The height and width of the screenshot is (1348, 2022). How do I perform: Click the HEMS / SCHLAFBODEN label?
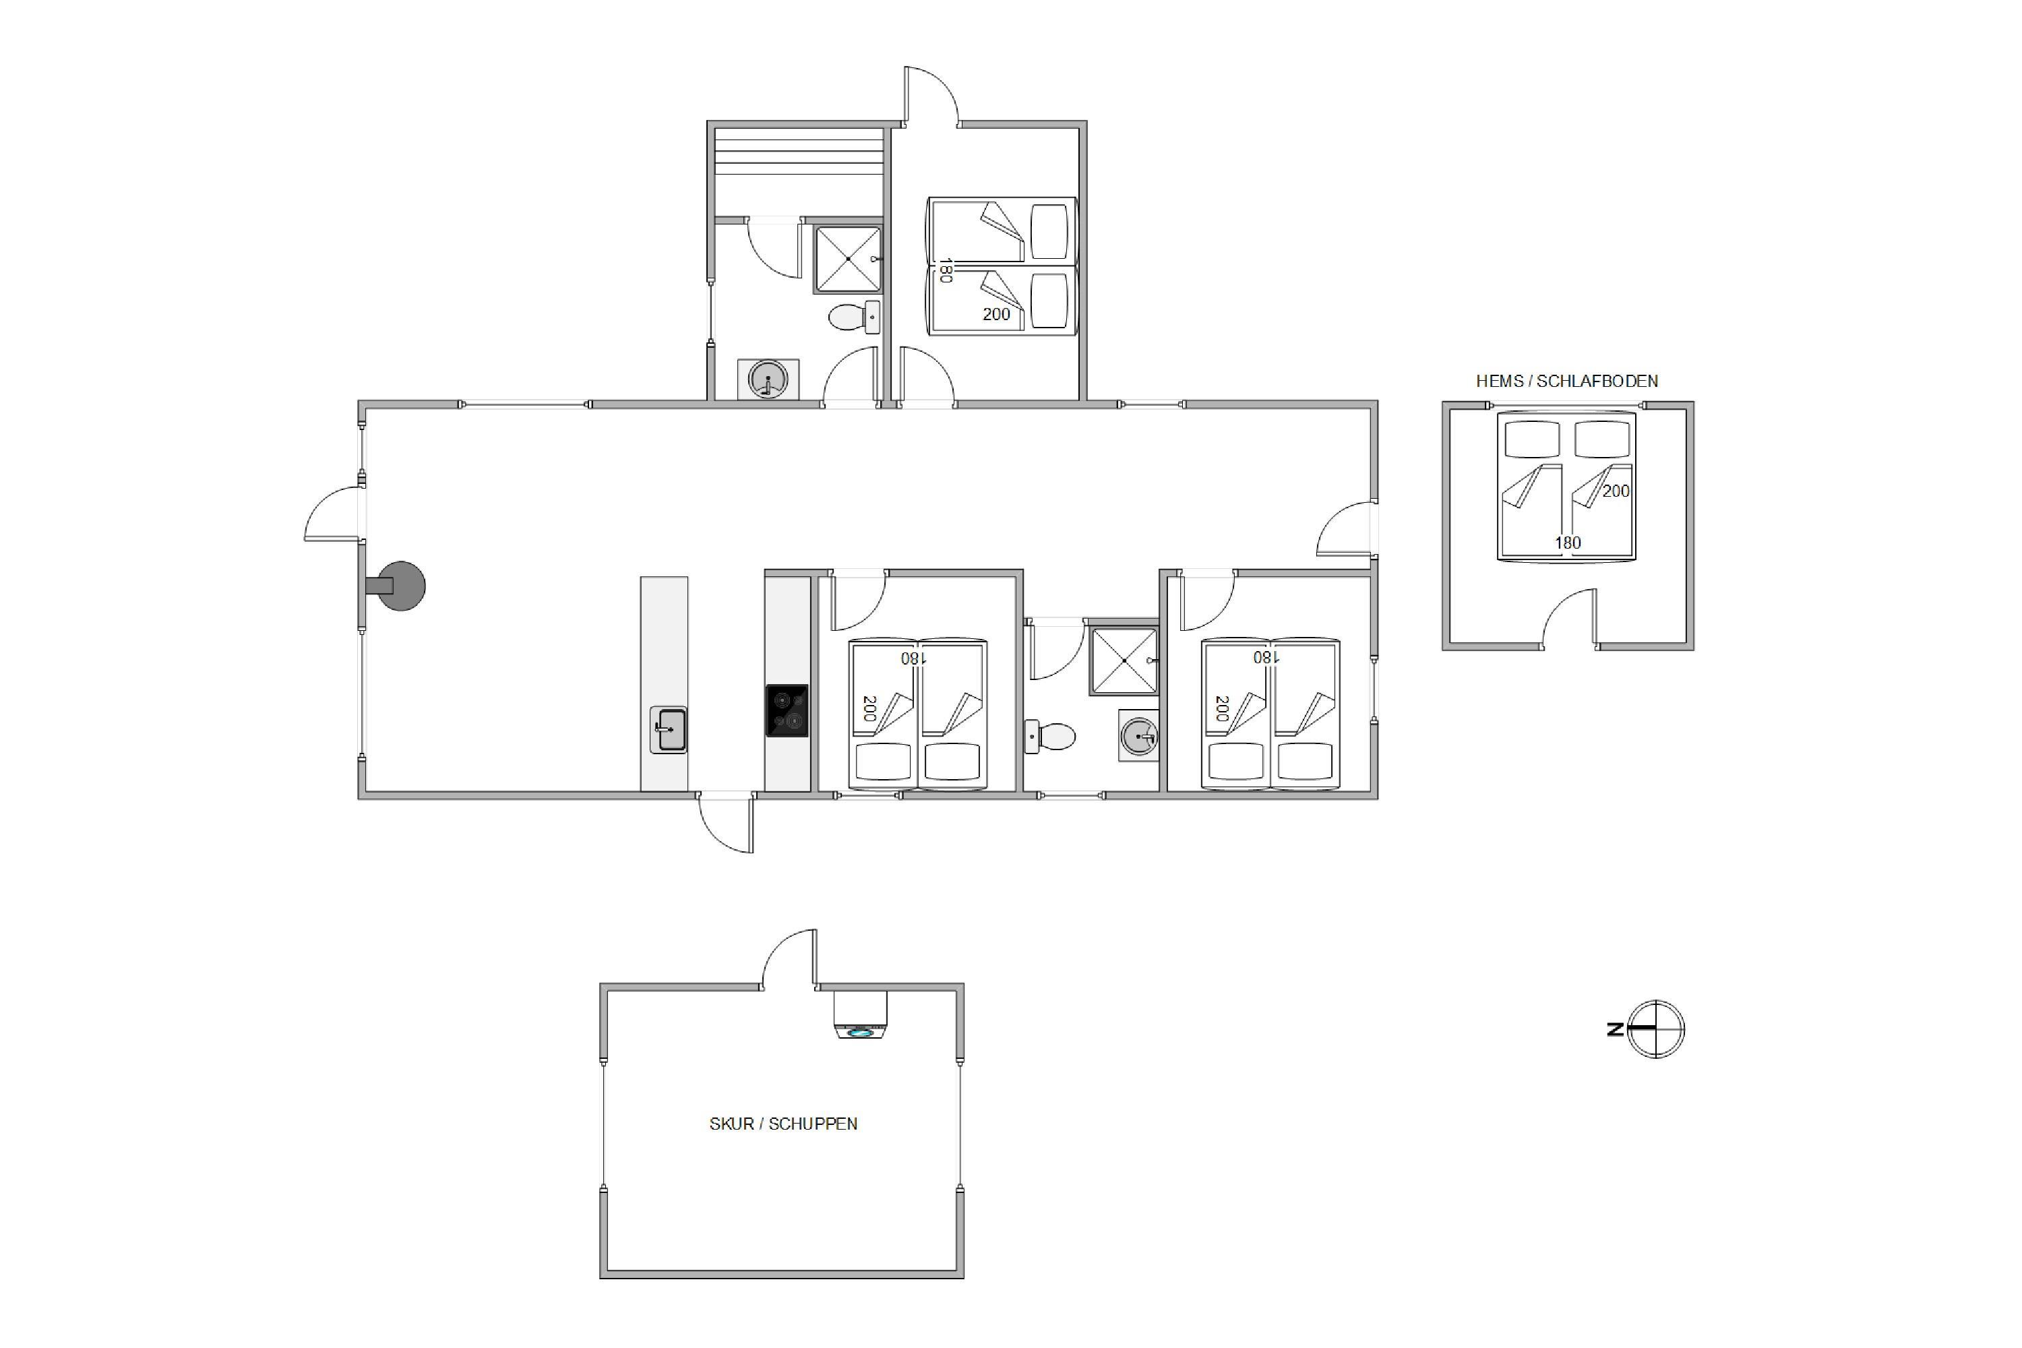click(x=1566, y=381)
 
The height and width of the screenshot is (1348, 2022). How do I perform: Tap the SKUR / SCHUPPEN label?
click(x=783, y=1124)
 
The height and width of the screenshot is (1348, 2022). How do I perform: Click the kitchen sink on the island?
click(x=668, y=729)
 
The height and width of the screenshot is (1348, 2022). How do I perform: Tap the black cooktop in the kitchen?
click(x=787, y=710)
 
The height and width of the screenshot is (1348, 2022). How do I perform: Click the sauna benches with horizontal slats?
click(x=799, y=152)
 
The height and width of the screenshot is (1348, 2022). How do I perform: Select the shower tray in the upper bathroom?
click(x=848, y=259)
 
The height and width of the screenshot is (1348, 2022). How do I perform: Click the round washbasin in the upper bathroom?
click(x=768, y=379)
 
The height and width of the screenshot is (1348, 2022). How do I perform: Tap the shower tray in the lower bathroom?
click(x=1124, y=661)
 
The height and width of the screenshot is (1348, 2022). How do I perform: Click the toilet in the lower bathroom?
click(x=1051, y=737)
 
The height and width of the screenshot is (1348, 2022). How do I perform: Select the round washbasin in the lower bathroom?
click(x=1139, y=736)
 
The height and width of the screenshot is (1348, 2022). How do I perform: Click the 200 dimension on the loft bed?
click(x=1616, y=491)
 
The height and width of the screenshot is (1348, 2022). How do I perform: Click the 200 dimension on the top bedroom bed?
click(x=996, y=315)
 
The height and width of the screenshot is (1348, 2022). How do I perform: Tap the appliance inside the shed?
click(x=860, y=1014)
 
